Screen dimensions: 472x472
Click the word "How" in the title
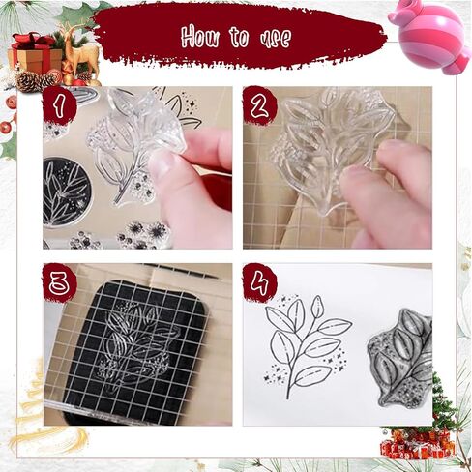199,37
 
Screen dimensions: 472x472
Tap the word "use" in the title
276,39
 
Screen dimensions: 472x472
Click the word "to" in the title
239,37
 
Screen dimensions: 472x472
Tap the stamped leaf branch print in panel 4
309,346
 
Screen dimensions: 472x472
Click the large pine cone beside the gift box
28,81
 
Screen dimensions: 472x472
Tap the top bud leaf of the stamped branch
317,306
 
